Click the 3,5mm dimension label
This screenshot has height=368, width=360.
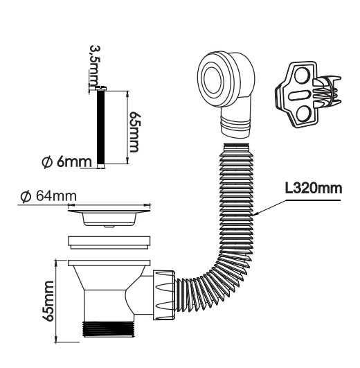pos(96,66)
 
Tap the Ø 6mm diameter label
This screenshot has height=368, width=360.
pos(66,161)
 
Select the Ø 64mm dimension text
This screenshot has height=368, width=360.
pos(48,197)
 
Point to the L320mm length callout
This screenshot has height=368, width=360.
pos(314,189)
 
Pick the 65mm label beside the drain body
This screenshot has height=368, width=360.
pos(48,301)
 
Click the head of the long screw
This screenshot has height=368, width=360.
pos(101,89)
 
